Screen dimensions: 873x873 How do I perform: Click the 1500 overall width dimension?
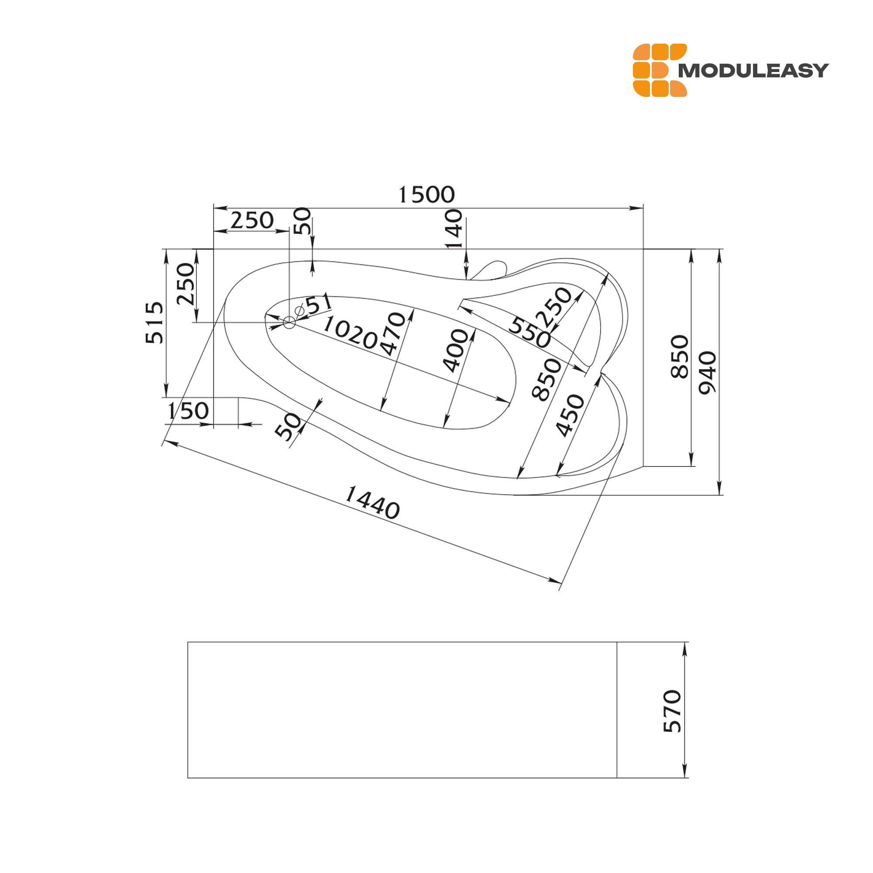click(426, 195)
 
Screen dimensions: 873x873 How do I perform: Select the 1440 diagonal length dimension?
click(372, 502)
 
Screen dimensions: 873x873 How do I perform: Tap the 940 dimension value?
click(708, 373)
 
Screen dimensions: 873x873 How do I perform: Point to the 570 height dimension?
click(672, 711)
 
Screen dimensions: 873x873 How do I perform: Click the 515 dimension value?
click(155, 323)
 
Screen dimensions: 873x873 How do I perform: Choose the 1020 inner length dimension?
click(350, 333)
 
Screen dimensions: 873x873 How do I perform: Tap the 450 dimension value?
click(570, 416)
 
